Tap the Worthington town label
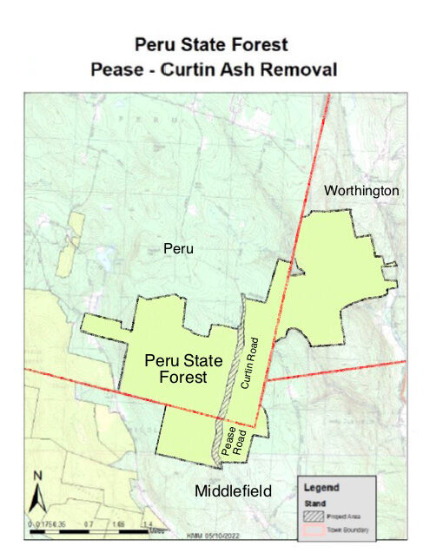point(361,190)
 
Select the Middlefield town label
point(233,491)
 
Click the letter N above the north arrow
point(37,475)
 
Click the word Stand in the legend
point(313,502)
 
